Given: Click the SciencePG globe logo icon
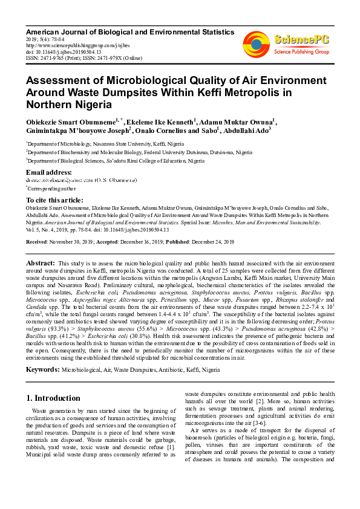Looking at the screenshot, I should click(x=256, y=44).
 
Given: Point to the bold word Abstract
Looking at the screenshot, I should click(x=41, y=264).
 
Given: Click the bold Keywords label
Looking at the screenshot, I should click(x=42, y=369).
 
